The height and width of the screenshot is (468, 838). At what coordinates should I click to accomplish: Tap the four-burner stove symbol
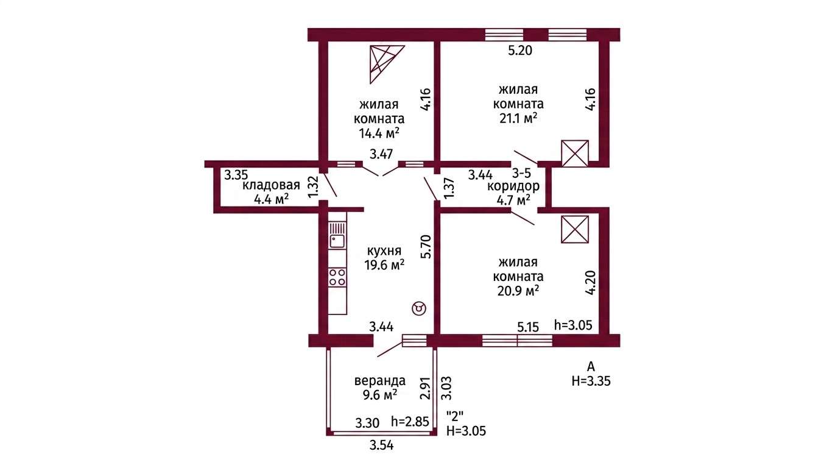tap(337, 277)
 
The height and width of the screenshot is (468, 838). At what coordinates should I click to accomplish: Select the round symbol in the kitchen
tap(419, 309)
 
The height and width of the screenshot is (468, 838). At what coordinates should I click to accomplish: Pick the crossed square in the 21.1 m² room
tap(575, 154)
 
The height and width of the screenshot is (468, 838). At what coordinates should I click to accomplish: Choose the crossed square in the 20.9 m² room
tap(575, 229)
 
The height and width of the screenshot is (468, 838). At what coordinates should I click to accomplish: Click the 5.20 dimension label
tap(520, 50)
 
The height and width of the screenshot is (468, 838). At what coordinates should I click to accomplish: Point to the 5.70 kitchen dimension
tap(426, 246)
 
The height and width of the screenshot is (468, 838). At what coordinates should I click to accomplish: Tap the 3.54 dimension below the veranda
tap(382, 445)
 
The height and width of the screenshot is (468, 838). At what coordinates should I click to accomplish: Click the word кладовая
tap(271, 185)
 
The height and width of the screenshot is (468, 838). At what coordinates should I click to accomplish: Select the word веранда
tap(380, 381)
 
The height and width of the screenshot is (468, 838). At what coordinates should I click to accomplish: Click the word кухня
tap(384, 250)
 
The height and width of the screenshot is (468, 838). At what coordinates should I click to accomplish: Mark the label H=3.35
tap(591, 381)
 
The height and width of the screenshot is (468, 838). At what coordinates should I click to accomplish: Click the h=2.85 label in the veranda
tap(410, 422)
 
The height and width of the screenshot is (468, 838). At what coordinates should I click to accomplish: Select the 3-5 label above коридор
tap(521, 173)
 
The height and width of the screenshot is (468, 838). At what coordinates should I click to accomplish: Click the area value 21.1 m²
tap(518, 118)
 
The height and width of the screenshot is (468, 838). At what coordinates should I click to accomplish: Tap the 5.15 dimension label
tap(528, 327)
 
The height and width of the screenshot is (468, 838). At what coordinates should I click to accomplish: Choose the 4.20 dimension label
tap(590, 283)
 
